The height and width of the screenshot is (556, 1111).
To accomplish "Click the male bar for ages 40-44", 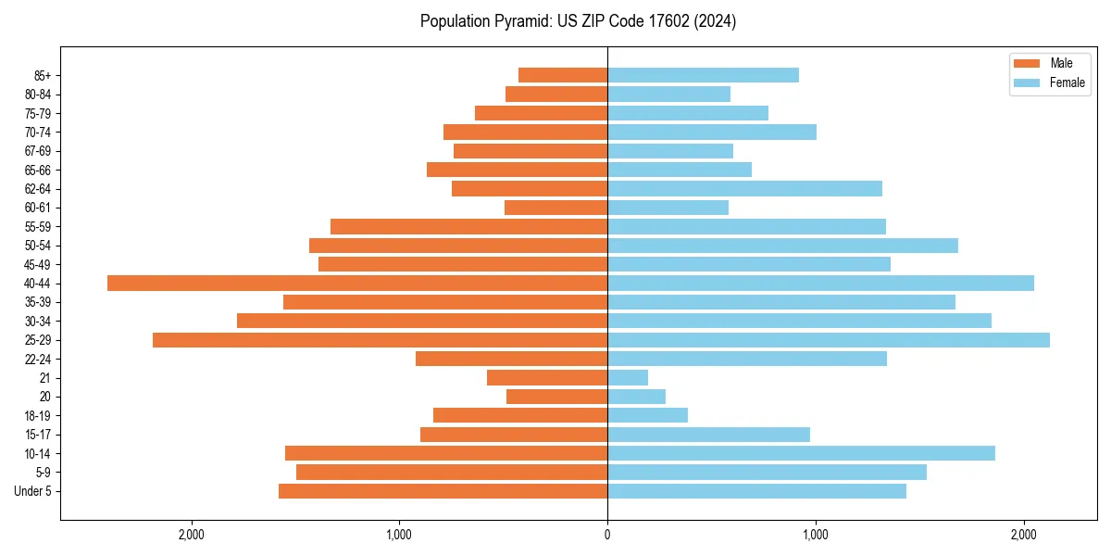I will tap(357, 283).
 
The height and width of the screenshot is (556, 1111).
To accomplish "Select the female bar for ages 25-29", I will tap(829, 340).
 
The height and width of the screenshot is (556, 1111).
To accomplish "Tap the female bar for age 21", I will tap(628, 378).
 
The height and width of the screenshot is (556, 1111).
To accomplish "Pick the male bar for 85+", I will tap(563, 75).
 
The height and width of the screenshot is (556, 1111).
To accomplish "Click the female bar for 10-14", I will tap(801, 453).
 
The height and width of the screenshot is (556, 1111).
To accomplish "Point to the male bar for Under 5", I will tap(443, 491).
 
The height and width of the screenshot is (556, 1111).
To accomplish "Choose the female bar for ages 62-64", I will tap(744, 188).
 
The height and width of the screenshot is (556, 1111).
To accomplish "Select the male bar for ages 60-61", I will tap(555, 208).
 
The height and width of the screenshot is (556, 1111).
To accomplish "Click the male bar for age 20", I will tap(556, 397).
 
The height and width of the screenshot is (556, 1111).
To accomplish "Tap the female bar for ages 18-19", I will tap(647, 415).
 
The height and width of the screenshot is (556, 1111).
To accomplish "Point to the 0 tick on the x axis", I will tap(607, 535).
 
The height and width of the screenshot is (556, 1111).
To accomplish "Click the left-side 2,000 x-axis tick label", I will tap(192, 535).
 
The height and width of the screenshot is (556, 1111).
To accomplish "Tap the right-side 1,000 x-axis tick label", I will tap(816, 535).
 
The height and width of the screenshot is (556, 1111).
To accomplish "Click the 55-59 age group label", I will tap(38, 226).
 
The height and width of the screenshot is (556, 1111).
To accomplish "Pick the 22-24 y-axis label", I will tap(38, 359).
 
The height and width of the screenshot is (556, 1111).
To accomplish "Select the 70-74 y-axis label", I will tap(38, 132).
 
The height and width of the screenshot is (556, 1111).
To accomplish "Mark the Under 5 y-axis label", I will tap(33, 491).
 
